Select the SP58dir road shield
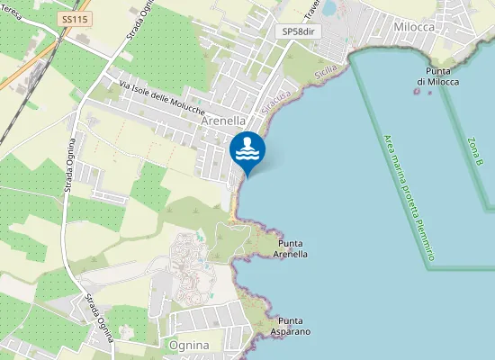click(x=300, y=31)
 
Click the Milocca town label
click(x=415, y=27)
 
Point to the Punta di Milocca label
click(x=433, y=76)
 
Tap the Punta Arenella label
click(x=292, y=249)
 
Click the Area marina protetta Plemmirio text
click(x=409, y=198)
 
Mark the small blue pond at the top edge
click(x=329, y=7)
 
